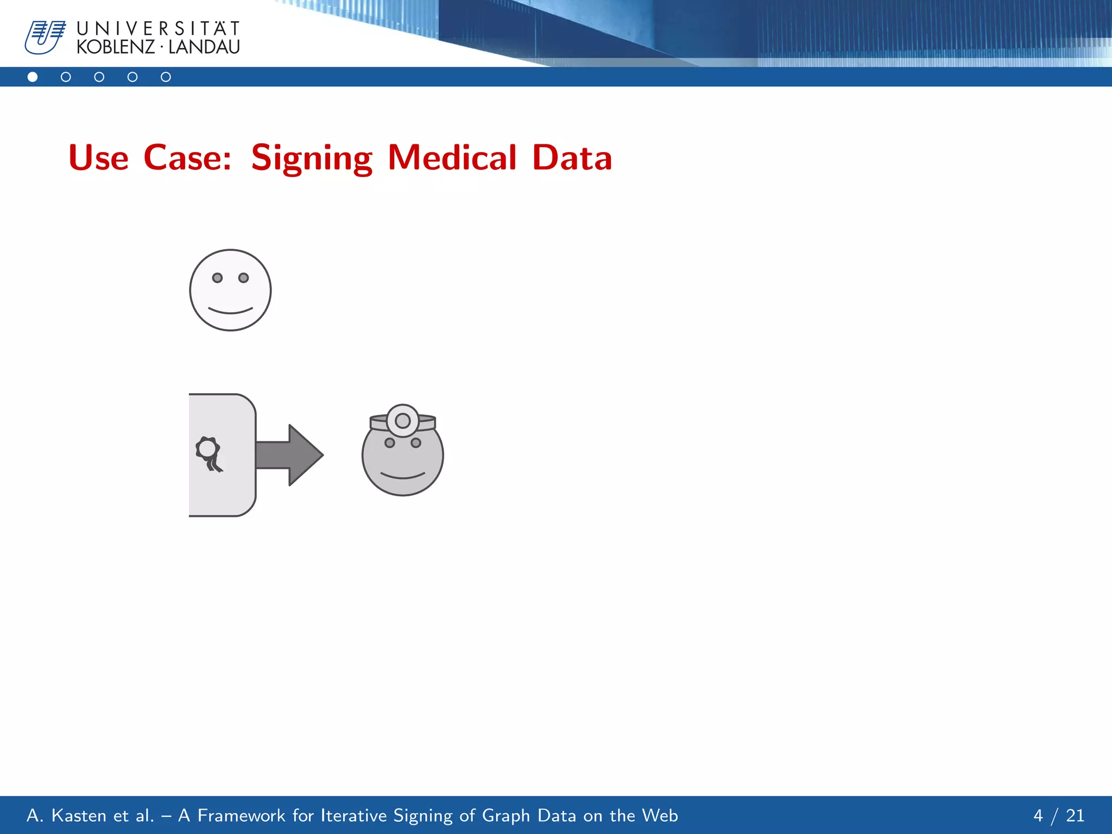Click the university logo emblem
pyautogui.click(x=45, y=37)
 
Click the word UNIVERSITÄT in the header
pyautogui.click(x=158, y=28)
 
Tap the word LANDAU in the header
pyautogui.click(x=204, y=47)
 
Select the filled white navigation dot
pyautogui.click(x=33, y=77)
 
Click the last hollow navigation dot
pyautogui.click(x=166, y=77)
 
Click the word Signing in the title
pyautogui.click(x=312, y=158)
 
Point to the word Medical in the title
pyautogui.click(x=452, y=157)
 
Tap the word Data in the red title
pyautogui.click(x=572, y=157)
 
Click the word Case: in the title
pyautogui.click(x=187, y=157)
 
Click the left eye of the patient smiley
pyautogui.click(x=217, y=278)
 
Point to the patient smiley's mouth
pyautogui.click(x=230, y=311)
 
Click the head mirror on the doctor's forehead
pyautogui.click(x=402, y=420)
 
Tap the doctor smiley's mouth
pyautogui.click(x=402, y=476)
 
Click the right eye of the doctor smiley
pyautogui.click(x=416, y=443)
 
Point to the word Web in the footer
pyautogui.click(x=660, y=816)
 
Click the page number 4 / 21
pyautogui.click(x=1058, y=816)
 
